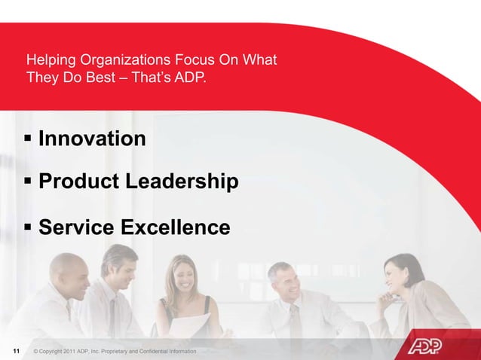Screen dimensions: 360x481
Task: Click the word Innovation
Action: (92, 139)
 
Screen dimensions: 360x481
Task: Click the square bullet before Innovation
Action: (29, 139)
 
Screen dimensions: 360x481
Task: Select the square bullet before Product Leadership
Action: (29, 182)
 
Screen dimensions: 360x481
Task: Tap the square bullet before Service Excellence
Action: (29, 227)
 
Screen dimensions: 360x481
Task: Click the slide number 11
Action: (16, 352)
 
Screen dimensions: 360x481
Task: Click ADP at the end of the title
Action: (189, 76)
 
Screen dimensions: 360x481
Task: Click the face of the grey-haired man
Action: (283, 281)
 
